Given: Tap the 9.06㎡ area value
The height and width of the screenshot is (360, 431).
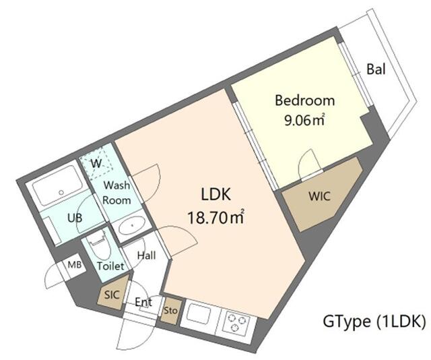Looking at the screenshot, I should (304, 121).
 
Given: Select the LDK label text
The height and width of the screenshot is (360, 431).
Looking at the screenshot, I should (216, 196).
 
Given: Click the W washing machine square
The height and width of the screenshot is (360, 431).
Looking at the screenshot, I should (96, 163).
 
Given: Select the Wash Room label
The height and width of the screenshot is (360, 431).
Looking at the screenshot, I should (116, 192).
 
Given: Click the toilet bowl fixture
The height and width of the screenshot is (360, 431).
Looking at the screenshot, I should (96, 241).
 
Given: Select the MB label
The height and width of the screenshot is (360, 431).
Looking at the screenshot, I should (74, 265).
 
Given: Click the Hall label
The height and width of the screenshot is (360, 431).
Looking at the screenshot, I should (147, 256).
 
